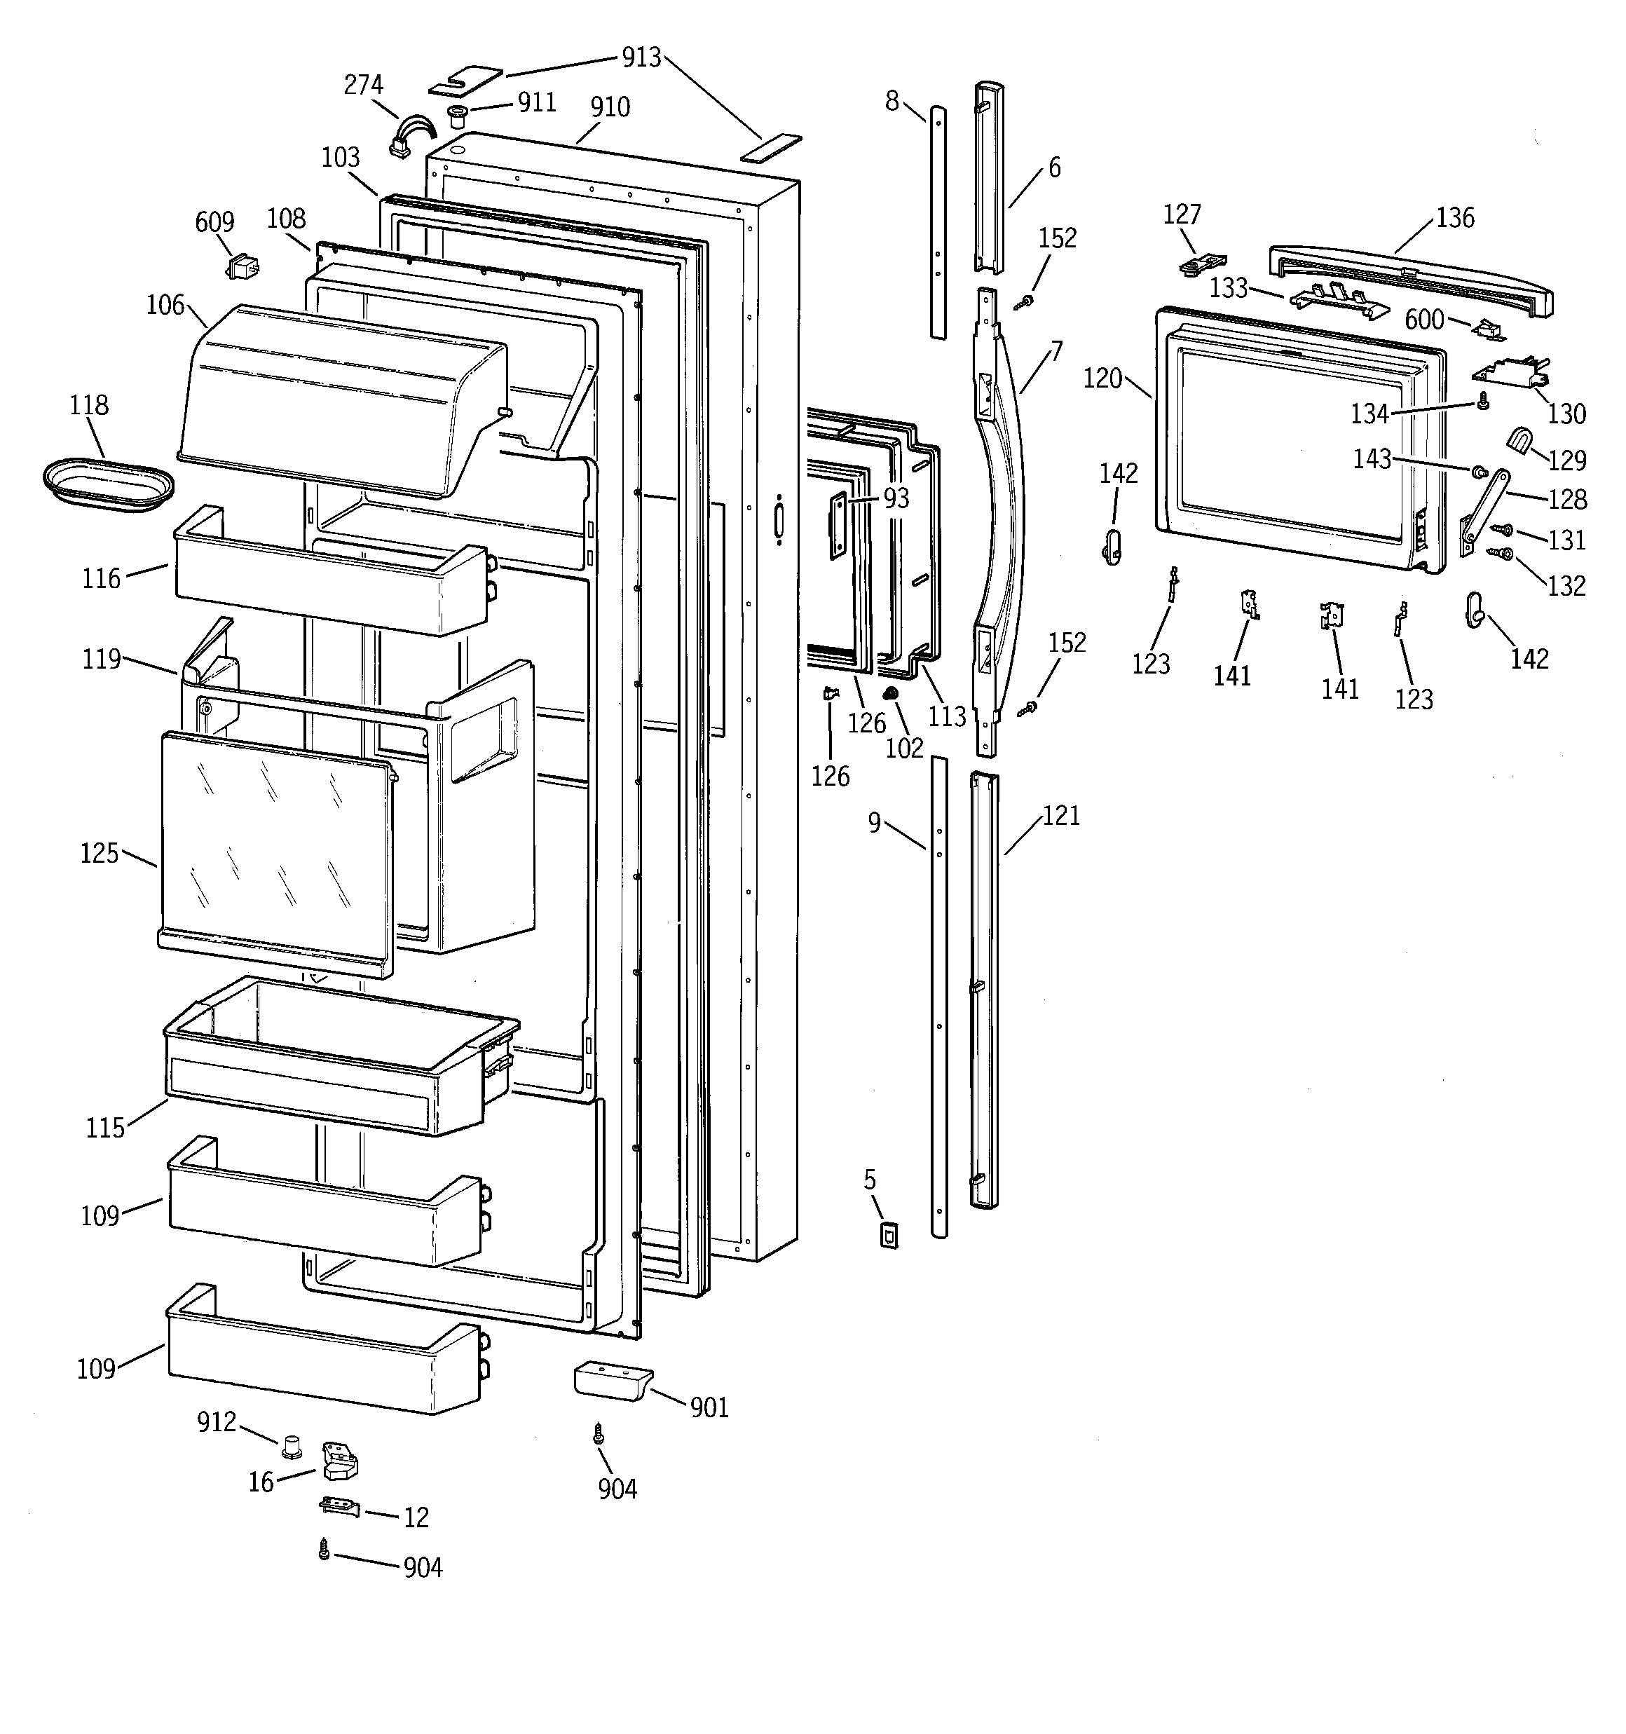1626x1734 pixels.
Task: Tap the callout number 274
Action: point(363,85)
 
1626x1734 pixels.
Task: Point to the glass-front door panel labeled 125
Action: point(275,850)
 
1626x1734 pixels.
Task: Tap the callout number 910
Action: point(610,107)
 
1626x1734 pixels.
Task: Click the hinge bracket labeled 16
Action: point(339,1461)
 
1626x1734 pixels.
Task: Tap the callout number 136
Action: point(1455,217)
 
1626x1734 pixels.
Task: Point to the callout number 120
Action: point(1102,378)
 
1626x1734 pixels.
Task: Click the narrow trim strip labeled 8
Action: point(937,222)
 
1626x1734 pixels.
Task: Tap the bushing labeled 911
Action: point(456,117)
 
